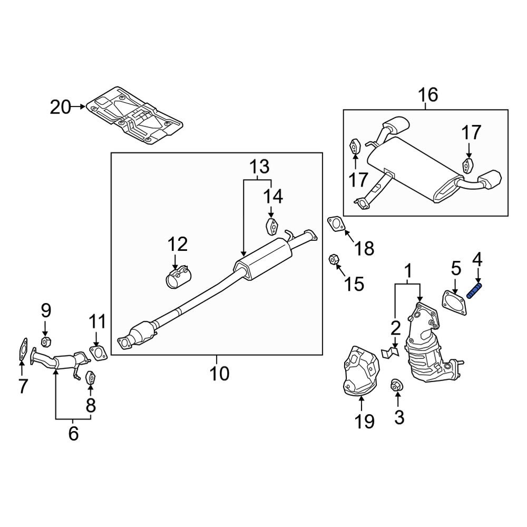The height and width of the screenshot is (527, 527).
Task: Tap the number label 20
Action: [60, 107]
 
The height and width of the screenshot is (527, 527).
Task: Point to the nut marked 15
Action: [333, 259]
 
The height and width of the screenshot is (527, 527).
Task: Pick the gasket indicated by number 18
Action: [336, 223]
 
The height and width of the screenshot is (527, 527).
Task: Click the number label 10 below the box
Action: [219, 374]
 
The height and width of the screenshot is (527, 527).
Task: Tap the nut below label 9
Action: [45, 343]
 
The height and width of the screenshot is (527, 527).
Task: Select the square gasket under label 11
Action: [97, 352]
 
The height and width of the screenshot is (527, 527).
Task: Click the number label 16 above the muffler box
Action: [427, 95]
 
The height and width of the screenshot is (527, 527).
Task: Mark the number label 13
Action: [259, 167]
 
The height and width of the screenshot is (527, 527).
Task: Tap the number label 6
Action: [73, 433]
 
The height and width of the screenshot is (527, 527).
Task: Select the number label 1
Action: [407, 271]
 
